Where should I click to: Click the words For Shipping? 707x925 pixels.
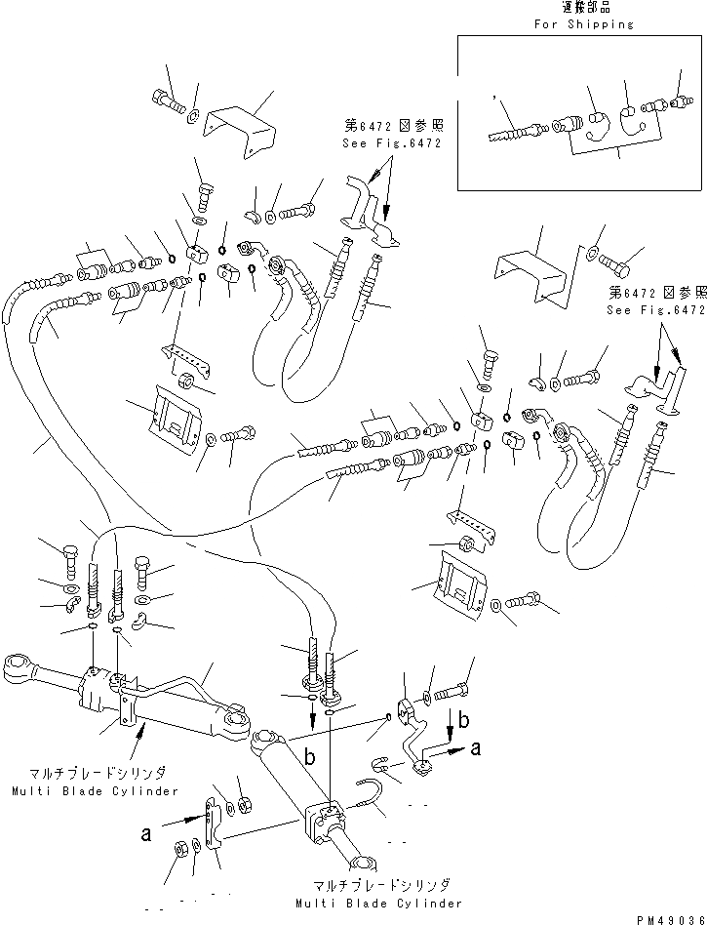(583, 24)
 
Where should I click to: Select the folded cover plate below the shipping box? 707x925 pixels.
(531, 278)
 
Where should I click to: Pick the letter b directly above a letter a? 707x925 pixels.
(464, 719)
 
